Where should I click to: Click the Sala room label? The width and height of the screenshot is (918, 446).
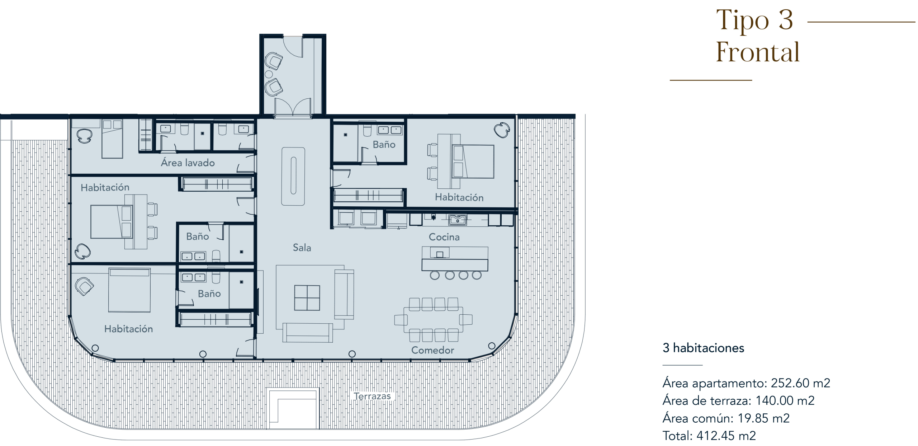pos(302,247)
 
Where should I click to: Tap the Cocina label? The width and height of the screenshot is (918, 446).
pos(444,237)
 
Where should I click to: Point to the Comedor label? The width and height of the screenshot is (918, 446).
pos(432,350)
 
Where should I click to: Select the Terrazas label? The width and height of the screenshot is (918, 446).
pos(372,396)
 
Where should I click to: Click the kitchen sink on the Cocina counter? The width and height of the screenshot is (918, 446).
pos(457,219)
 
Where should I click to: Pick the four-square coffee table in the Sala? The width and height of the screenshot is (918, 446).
pos(307,298)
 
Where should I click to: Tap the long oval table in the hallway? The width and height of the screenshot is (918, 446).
pos(293,176)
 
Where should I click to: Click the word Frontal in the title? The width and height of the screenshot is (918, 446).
pos(758,52)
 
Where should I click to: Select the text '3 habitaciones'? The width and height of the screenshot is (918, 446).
pos(703,348)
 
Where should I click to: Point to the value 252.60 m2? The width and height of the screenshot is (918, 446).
pos(800,383)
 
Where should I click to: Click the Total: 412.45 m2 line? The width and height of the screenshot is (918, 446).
pos(709,436)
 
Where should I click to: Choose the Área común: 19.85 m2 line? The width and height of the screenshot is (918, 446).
pos(726,418)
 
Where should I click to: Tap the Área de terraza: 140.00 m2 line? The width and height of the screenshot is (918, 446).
pos(739,400)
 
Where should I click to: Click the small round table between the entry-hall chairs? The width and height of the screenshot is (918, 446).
pos(269,74)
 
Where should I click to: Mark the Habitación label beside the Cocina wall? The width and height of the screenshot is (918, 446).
pos(459,197)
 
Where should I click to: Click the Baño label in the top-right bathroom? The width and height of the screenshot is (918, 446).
pos(384,144)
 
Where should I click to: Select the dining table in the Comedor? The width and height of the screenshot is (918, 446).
pos(433,319)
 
